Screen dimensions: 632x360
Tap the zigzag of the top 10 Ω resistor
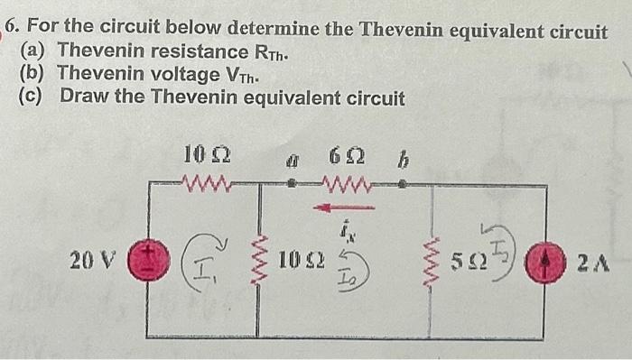point(208,185)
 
